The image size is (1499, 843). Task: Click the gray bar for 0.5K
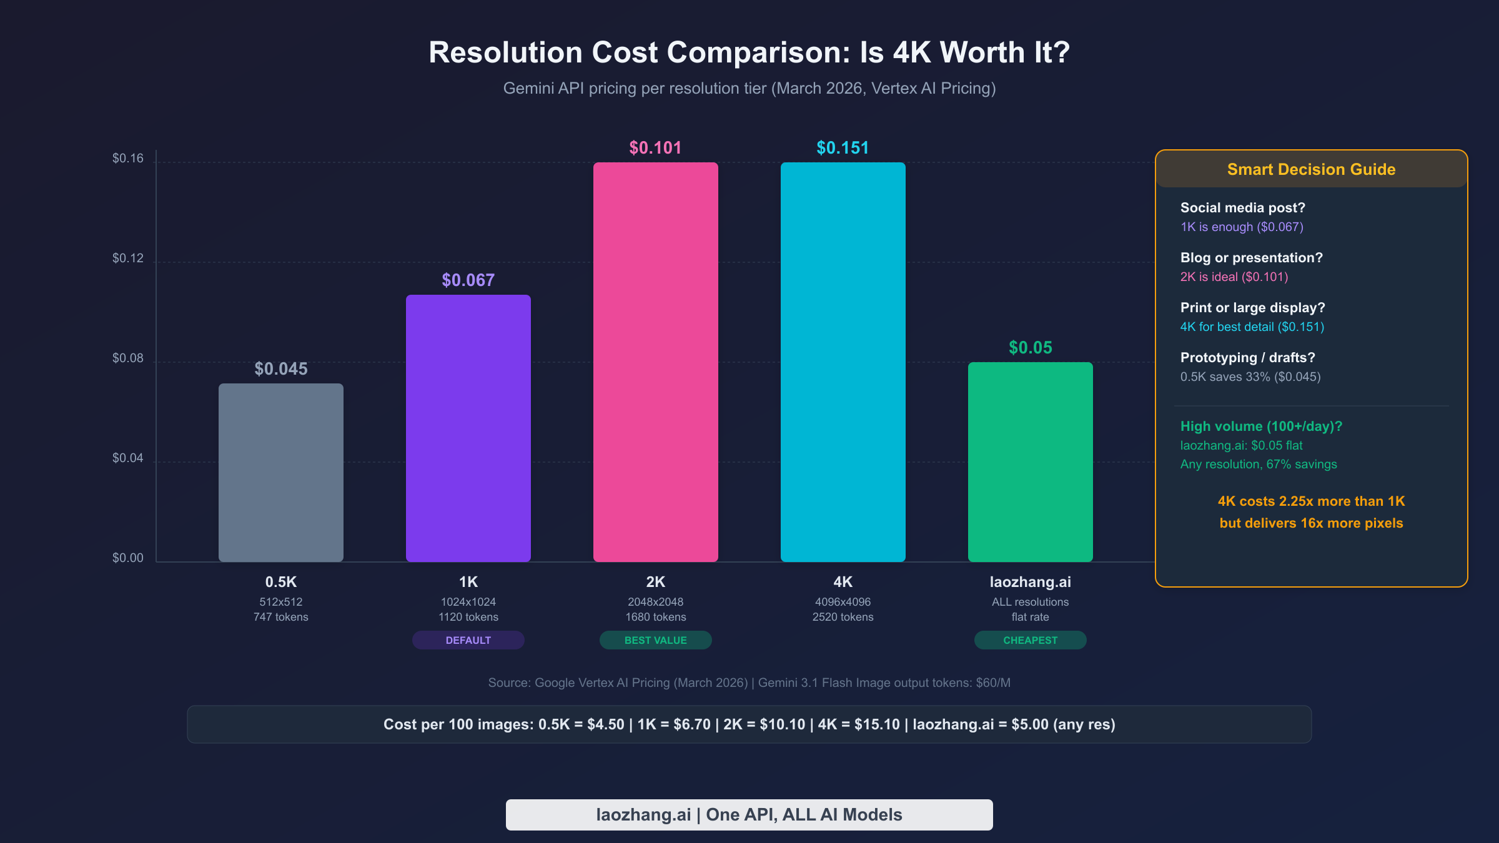pyautogui.click(x=281, y=472)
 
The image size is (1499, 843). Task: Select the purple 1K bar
pyautogui.click(x=468, y=428)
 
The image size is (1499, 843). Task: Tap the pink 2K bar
pyautogui.click(x=656, y=362)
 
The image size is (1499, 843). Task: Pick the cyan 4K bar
pyautogui.click(x=843, y=362)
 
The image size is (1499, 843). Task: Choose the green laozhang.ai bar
pyautogui.click(x=1031, y=462)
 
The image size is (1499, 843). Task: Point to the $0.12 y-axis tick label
pyautogui.click(x=128, y=259)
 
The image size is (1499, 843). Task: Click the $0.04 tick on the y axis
pyautogui.click(x=128, y=458)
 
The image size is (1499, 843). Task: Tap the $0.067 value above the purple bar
pyautogui.click(x=468, y=280)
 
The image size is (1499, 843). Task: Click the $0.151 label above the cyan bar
pyautogui.click(x=843, y=148)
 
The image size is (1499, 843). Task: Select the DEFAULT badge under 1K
pyautogui.click(x=468, y=640)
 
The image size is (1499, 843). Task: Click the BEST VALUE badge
pyautogui.click(x=656, y=640)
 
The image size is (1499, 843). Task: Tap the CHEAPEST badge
pyautogui.click(x=1031, y=640)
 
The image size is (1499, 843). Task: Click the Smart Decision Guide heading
pyautogui.click(x=1311, y=169)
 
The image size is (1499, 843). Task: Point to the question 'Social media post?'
pyautogui.click(x=1242, y=208)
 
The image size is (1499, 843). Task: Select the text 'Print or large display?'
pyautogui.click(x=1252, y=308)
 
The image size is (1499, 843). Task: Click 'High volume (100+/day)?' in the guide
pyautogui.click(x=1261, y=426)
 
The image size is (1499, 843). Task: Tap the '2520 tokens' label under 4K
pyautogui.click(x=843, y=617)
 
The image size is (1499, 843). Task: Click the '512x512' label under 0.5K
pyautogui.click(x=281, y=602)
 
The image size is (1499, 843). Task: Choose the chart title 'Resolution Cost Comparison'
pyautogui.click(x=749, y=52)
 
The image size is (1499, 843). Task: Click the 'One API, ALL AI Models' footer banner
pyautogui.click(x=749, y=815)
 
